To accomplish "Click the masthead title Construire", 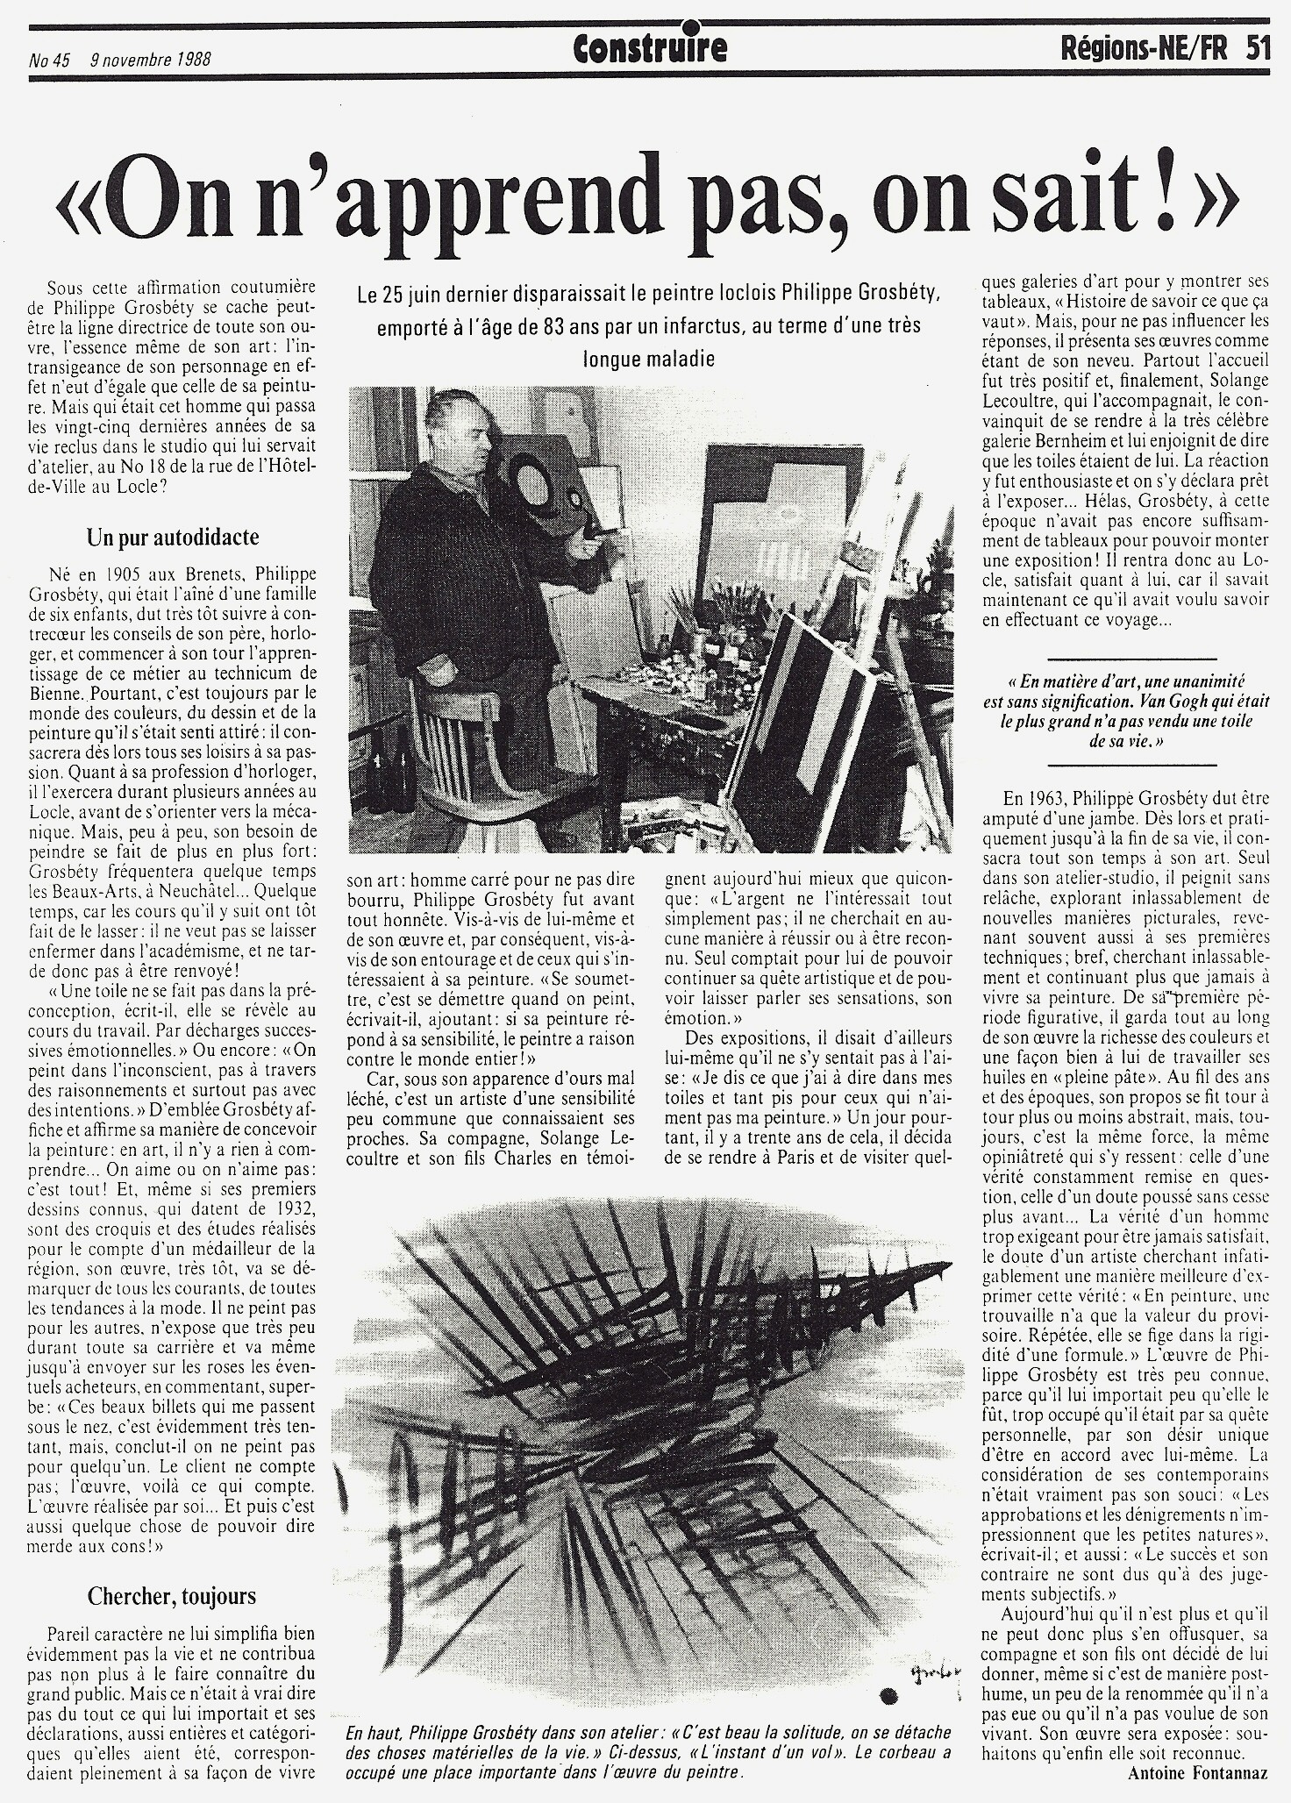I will (x=650, y=50).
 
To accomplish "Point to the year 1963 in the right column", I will (x=1045, y=799).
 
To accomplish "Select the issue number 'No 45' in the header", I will (x=49, y=61).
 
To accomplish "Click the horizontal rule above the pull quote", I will (x=1131, y=659).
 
